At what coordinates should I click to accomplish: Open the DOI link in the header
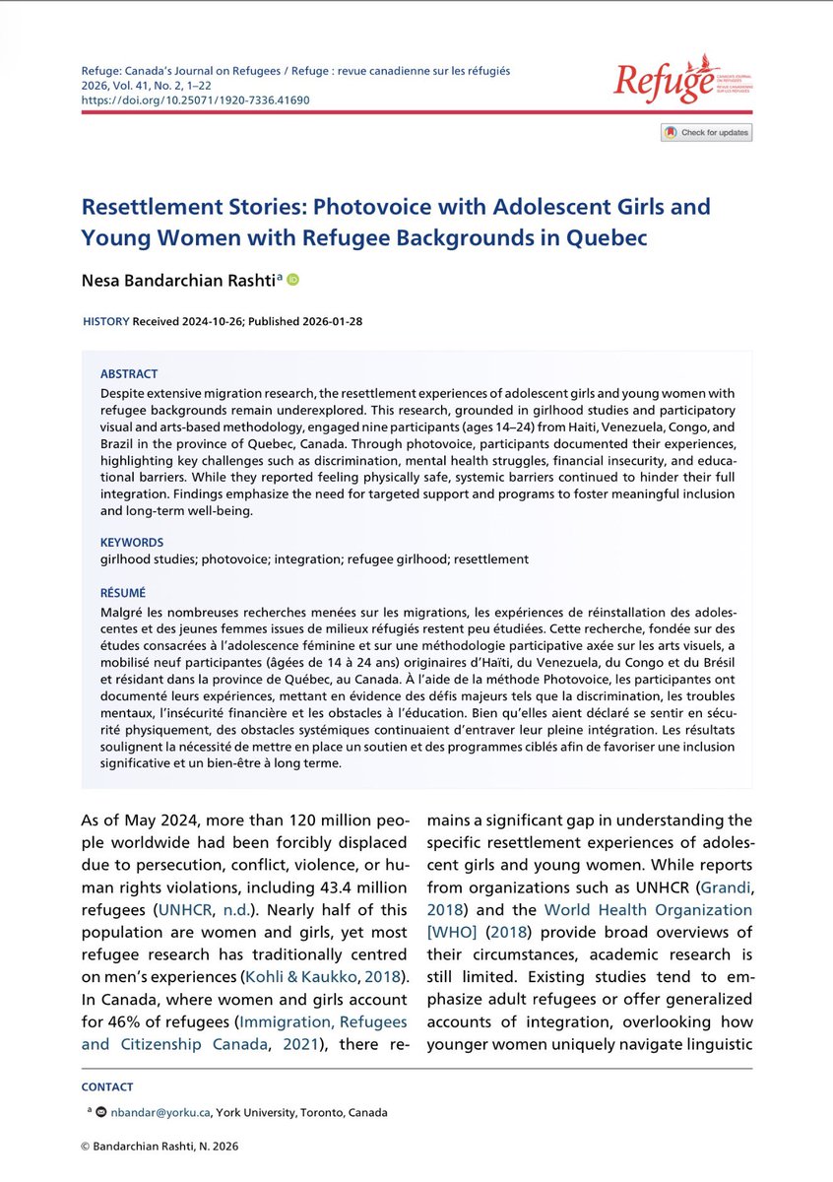click(195, 100)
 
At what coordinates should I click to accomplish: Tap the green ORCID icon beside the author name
click(291, 281)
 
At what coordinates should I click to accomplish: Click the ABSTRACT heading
click(129, 374)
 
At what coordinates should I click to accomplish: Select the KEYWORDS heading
click(132, 542)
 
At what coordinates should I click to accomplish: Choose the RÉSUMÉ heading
click(123, 593)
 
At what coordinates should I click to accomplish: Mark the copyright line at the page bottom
click(160, 1146)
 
